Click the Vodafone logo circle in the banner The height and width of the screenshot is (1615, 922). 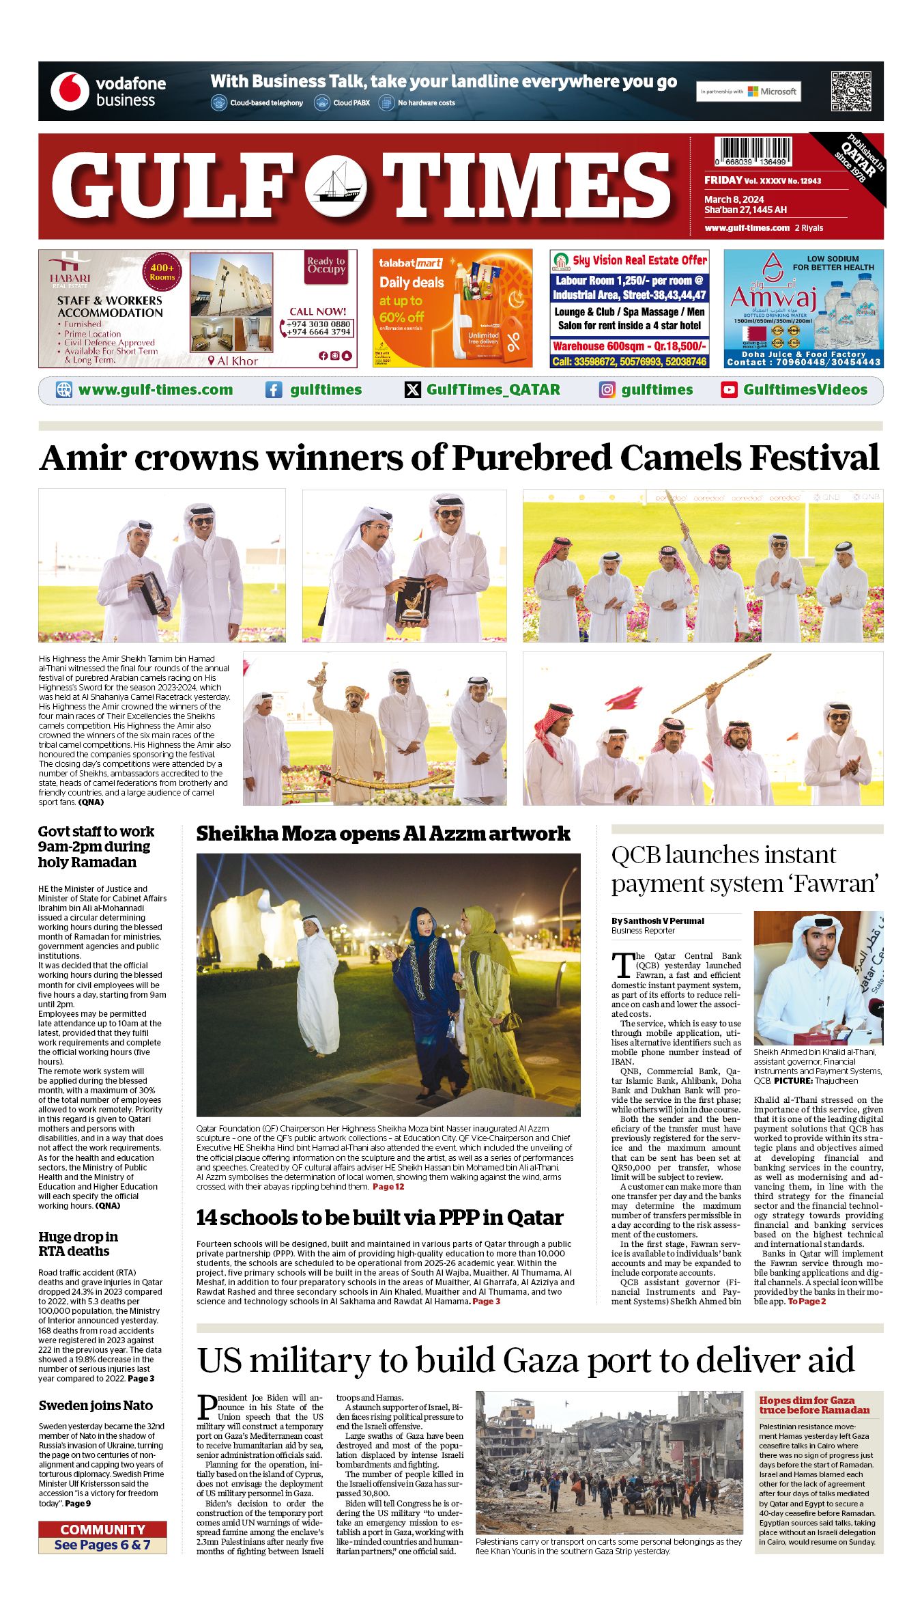(70, 92)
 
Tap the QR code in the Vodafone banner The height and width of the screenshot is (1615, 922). (851, 91)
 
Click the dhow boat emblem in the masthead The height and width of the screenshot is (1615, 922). (335, 186)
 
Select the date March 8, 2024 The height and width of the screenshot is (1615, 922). (734, 199)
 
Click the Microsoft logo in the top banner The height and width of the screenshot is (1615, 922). (772, 92)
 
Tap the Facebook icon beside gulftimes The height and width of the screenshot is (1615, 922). (274, 390)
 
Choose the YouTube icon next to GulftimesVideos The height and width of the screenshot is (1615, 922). (729, 390)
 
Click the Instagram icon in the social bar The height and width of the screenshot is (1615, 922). (607, 390)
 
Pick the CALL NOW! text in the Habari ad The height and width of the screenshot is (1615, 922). (317, 311)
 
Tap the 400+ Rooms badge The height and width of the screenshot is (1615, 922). (162, 272)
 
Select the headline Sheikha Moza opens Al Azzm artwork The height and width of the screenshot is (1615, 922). (383, 834)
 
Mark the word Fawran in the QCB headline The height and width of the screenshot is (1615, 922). (839, 884)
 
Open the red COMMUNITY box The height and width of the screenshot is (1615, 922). (102, 1530)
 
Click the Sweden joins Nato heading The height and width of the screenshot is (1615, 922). (96, 1405)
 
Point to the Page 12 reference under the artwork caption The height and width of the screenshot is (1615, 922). (388, 1186)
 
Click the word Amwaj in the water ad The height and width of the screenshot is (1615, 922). (773, 298)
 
